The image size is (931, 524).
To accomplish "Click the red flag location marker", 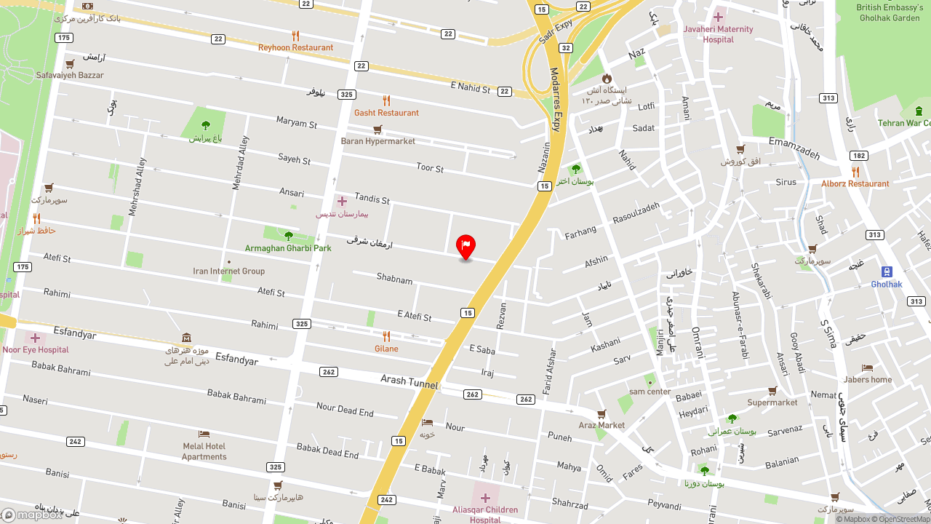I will [x=465, y=246].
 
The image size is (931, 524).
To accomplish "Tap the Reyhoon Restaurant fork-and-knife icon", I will [x=295, y=35].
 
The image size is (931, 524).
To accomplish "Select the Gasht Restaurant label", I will [x=386, y=113].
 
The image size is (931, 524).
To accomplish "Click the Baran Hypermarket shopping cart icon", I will [x=377, y=130].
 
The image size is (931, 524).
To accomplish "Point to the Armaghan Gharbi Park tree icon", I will [x=288, y=236].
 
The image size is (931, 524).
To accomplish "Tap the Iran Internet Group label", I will [x=228, y=271].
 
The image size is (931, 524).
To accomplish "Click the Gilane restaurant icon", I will [x=386, y=336].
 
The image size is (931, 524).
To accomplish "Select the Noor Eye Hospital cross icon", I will [x=35, y=338].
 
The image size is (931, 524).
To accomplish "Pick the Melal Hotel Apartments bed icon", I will [x=204, y=434].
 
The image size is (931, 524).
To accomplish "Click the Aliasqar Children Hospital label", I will [x=485, y=515].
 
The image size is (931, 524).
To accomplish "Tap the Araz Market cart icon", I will [x=602, y=414].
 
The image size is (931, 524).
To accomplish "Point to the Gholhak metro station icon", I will [x=887, y=271].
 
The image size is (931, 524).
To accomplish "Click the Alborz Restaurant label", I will [x=855, y=184].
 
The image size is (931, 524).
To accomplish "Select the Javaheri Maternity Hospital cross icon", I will [x=718, y=17].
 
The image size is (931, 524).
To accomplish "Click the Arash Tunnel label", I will [x=409, y=381].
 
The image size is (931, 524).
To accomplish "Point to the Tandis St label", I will [x=372, y=198].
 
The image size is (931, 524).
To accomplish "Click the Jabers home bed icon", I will [x=867, y=368].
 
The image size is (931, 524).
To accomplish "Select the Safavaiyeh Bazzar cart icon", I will [x=70, y=63].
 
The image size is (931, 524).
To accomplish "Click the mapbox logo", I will [x=32, y=515].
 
